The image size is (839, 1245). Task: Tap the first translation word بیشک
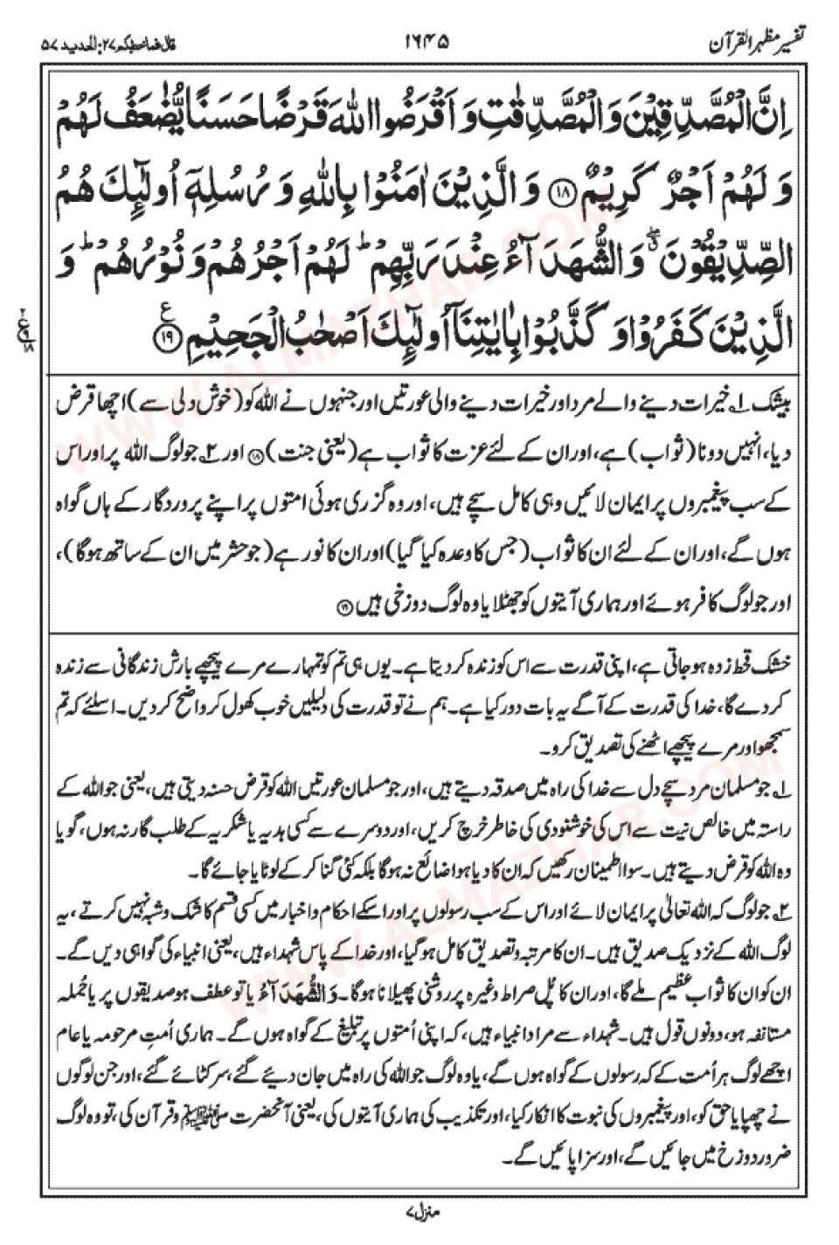770,386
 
